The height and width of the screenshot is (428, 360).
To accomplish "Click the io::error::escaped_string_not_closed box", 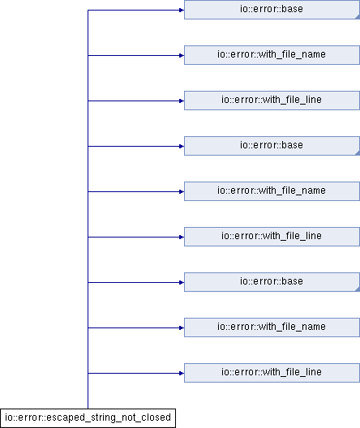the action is pos(88,418).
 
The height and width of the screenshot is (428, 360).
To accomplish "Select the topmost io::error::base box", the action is pos(272,10).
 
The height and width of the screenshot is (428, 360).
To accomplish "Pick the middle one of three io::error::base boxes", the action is pos(272,146).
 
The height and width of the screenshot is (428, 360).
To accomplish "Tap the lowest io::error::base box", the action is pos(272,282).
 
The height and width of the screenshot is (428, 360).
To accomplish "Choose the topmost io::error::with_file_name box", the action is pos(272,55).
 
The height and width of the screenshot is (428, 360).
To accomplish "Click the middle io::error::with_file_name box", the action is pos(272,191).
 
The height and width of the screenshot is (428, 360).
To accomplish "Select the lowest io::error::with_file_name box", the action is pos(272,327).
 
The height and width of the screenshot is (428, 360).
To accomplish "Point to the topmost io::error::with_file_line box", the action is pos(272,101).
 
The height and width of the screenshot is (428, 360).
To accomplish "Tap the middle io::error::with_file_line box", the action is pos(272,237).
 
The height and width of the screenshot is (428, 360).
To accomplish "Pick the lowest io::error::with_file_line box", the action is pos(272,373).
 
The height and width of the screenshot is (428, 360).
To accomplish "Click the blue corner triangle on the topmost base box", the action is pos(358,17).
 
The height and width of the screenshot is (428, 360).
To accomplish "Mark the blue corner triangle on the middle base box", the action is pos(358,153).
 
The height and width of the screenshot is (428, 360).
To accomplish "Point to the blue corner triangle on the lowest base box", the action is pos(358,289).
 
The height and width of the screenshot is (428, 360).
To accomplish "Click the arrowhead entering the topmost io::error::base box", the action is pos(182,10).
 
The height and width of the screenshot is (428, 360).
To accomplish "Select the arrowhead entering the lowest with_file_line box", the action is pos(182,373).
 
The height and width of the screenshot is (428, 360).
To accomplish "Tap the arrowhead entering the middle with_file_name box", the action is pos(182,191).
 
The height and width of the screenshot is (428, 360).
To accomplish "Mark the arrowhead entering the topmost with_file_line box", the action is pos(182,101).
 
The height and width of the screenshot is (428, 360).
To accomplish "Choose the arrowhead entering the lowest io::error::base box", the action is pos(182,283).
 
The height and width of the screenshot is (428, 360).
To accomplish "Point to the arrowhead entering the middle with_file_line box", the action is pos(182,238).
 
